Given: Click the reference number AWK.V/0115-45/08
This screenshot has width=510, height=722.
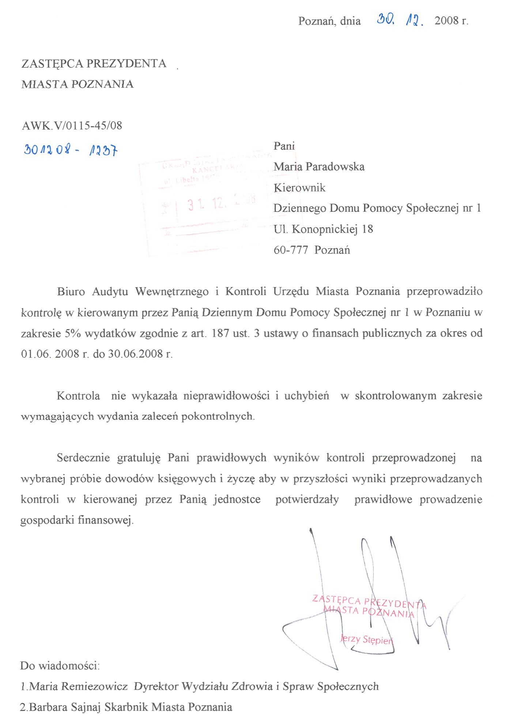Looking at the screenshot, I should (x=72, y=126).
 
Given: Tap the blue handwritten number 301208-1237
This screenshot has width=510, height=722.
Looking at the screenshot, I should (x=71, y=150).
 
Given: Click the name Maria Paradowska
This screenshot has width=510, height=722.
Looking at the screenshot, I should (x=319, y=167).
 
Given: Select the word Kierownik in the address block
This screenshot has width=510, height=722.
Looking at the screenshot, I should (x=299, y=188).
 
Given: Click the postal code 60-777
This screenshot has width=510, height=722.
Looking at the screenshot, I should (x=291, y=250).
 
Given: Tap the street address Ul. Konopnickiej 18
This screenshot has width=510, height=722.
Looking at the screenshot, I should (x=323, y=229).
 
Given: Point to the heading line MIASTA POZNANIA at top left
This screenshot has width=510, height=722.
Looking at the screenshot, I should (x=78, y=84).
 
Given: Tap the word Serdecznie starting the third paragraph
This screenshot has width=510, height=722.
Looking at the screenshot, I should (x=83, y=458).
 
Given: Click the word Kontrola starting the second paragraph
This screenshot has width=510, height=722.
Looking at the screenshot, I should (x=78, y=396).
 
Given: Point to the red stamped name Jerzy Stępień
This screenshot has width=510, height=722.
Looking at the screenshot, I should (x=367, y=639).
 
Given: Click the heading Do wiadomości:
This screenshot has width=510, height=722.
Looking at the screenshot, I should (x=60, y=666).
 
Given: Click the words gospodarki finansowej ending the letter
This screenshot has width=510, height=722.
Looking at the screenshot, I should (x=77, y=520).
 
